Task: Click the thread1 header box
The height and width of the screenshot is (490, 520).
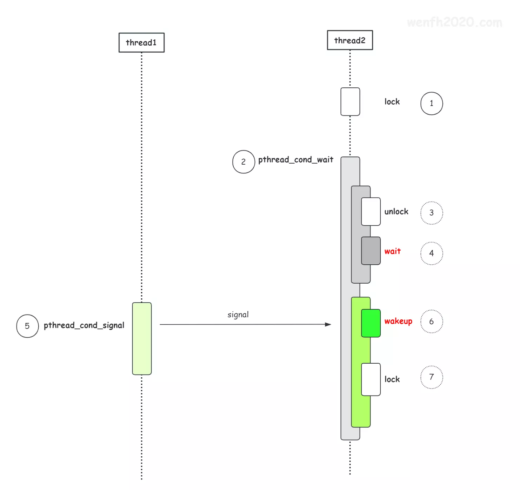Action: click(x=141, y=42)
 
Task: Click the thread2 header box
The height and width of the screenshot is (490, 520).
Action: click(x=350, y=40)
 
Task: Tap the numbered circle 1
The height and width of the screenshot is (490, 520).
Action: click(x=432, y=103)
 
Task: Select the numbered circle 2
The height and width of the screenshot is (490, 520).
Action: click(x=244, y=162)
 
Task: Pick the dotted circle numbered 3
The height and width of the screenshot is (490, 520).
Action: click(x=432, y=213)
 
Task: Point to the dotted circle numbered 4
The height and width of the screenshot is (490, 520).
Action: click(x=432, y=253)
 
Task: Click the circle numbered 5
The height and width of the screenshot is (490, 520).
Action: click(x=27, y=326)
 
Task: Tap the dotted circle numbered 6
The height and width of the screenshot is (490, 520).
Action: click(x=432, y=321)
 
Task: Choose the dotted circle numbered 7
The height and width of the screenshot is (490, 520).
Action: click(x=432, y=377)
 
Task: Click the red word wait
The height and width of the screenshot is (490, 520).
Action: click(x=392, y=251)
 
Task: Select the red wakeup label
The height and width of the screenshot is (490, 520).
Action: click(x=398, y=321)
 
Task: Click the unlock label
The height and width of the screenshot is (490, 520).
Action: click(x=396, y=212)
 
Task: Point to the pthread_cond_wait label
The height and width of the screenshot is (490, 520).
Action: click(x=295, y=160)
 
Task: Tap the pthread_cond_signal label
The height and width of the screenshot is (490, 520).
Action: click(x=84, y=325)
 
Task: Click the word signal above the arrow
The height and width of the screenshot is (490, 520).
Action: click(x=238, y=314)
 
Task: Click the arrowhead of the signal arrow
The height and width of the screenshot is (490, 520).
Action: click(x=328, y=324)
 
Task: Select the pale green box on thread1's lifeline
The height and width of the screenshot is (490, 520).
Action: click(x=142, y=338)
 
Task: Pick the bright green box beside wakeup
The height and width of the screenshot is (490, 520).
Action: click(x=371, y=323)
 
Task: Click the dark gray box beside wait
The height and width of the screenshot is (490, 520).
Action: click(x=371, y=251)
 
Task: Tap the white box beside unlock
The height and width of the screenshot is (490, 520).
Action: click(x=371, y=211)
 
